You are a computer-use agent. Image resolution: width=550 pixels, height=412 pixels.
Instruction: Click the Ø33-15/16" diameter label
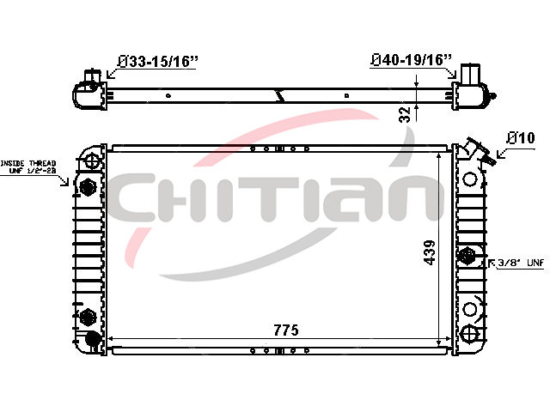tap(158, 62)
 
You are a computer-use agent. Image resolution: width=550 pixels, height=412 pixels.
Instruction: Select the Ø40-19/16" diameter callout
tap(412, 60)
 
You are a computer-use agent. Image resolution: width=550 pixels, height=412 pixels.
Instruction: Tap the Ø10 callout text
tap(521, 138)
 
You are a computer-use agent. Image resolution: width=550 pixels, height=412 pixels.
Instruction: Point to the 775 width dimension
tap(286, 330)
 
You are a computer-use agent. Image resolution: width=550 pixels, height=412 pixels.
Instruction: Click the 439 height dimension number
tap(430, 252)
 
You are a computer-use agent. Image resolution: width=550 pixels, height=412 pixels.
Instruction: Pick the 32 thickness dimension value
tap(405, 114)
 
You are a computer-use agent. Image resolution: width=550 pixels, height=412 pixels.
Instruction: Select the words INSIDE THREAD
tap(28, 163)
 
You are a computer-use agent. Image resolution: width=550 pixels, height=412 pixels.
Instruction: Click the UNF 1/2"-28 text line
tap(33, 171)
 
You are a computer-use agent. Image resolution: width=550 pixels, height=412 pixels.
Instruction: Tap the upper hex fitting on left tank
tap(88, 187)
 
